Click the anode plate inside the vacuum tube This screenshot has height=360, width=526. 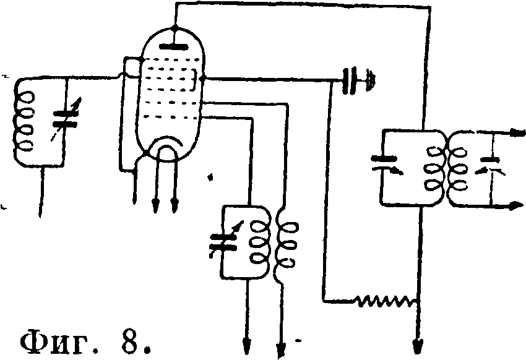173,46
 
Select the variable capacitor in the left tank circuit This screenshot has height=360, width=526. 66,119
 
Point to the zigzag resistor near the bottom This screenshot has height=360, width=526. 386,301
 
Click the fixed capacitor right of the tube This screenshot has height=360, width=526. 350,80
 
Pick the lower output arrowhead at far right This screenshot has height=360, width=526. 517,205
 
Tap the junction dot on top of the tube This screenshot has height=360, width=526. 174,27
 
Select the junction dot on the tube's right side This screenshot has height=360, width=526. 202,79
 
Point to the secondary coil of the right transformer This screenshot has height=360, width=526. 457,169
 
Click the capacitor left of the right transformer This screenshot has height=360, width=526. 386,165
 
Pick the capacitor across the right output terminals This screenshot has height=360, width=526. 491,165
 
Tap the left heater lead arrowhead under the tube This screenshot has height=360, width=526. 155,205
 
